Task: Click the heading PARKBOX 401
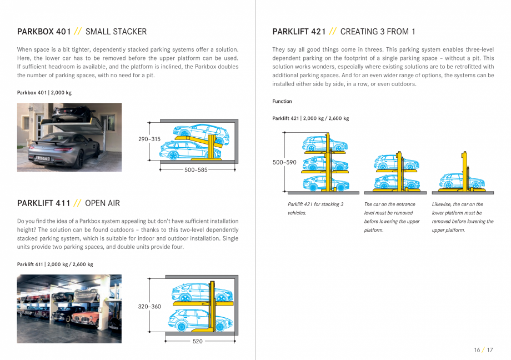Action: tap(44, 32)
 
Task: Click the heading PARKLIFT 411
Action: tap(44, 203)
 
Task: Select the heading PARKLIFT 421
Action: tap(299, 32)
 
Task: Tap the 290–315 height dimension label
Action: tap(149, 139)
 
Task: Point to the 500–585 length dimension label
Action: tap(196, 170)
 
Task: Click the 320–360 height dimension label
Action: tap(149, 307)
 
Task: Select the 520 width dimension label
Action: tap(197, 341)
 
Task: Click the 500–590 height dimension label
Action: tap(284, 162)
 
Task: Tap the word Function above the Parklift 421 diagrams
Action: tap(282, 102)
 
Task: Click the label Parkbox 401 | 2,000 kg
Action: tap(44, 93)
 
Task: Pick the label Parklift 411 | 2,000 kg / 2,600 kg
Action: tap(55, 264)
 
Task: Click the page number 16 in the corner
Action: tap(477, 350)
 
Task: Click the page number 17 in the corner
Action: tap(489, 350)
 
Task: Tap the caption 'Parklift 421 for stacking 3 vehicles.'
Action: tap(315, 208)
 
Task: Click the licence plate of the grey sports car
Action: tap(42, 159)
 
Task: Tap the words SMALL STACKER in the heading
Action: tap(116, 32)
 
